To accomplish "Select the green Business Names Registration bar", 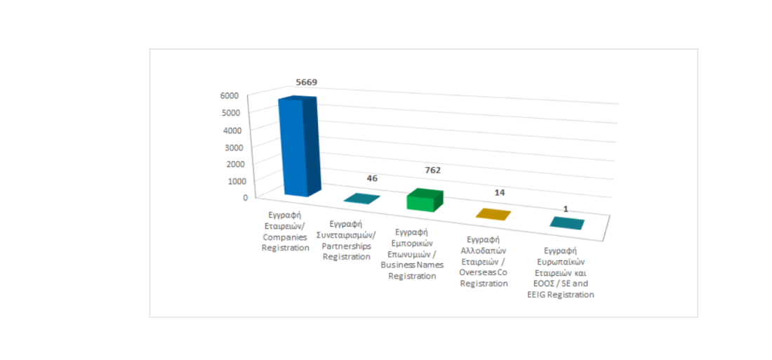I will click(425, 200).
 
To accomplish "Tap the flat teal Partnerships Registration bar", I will click(362, 199).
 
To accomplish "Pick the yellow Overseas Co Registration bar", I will click(493, 213).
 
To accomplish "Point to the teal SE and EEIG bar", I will click(567, 223).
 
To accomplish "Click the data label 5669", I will click(307, 82).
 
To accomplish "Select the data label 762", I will click(432, 171).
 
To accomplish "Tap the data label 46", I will click(372, 178).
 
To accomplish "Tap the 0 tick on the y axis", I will click(245, 197).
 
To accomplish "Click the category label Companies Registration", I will click(285, 229).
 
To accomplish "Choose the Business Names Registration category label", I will click(412, 253).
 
